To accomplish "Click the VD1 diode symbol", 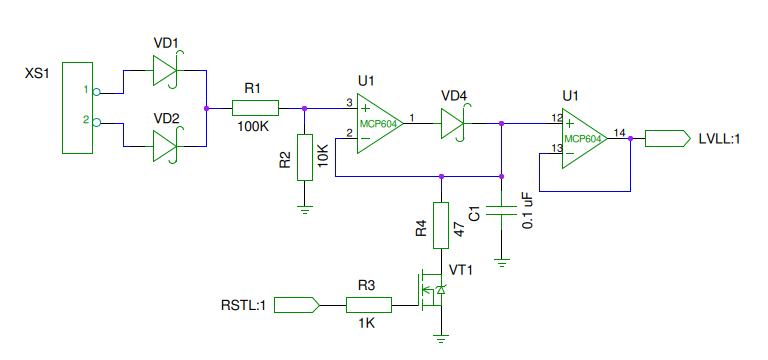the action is [x=165, y=71].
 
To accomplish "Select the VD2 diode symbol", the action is [x=165, y=146].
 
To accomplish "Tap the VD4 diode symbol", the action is [x=453, y=123].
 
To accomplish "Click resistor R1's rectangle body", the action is [x=255, y=108].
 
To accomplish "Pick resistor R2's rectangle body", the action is [x=305, y=158].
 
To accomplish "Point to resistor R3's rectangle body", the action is [x=369, y=305].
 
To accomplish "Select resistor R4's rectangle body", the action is [x=441, y=225].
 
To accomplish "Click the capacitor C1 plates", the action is [x=501, y=211].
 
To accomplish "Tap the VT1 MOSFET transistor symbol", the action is [x=432, y=291].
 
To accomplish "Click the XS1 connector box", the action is [x=77, y=108].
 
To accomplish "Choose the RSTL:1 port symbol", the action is [x=297, y=305].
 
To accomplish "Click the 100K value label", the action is [x=253, y=126].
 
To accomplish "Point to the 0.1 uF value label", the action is [x=528, y=211].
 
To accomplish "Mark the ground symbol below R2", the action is [x=305, y=211].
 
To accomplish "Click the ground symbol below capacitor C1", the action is [x=501, y=264].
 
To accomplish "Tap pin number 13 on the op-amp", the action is [x=556, y=148].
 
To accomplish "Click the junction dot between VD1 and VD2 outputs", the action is [x=206, y=108].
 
